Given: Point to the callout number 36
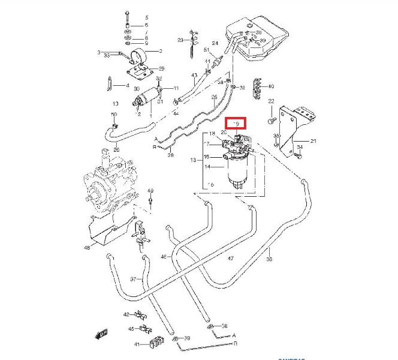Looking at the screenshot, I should (269, 260).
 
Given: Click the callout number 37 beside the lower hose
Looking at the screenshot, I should (134, 280).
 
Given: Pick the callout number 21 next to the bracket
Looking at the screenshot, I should (313, 142).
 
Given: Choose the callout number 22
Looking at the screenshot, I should (271, 101).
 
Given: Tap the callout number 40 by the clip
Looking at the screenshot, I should (271, 86).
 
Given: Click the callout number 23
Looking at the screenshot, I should (180, 40).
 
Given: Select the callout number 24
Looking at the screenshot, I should (215, 43).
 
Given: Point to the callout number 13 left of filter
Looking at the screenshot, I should (194, 160).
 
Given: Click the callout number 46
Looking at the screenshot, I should (163, 256).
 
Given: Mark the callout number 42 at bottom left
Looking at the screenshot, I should (126, 314).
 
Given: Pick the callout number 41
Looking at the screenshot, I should (137, 344).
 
